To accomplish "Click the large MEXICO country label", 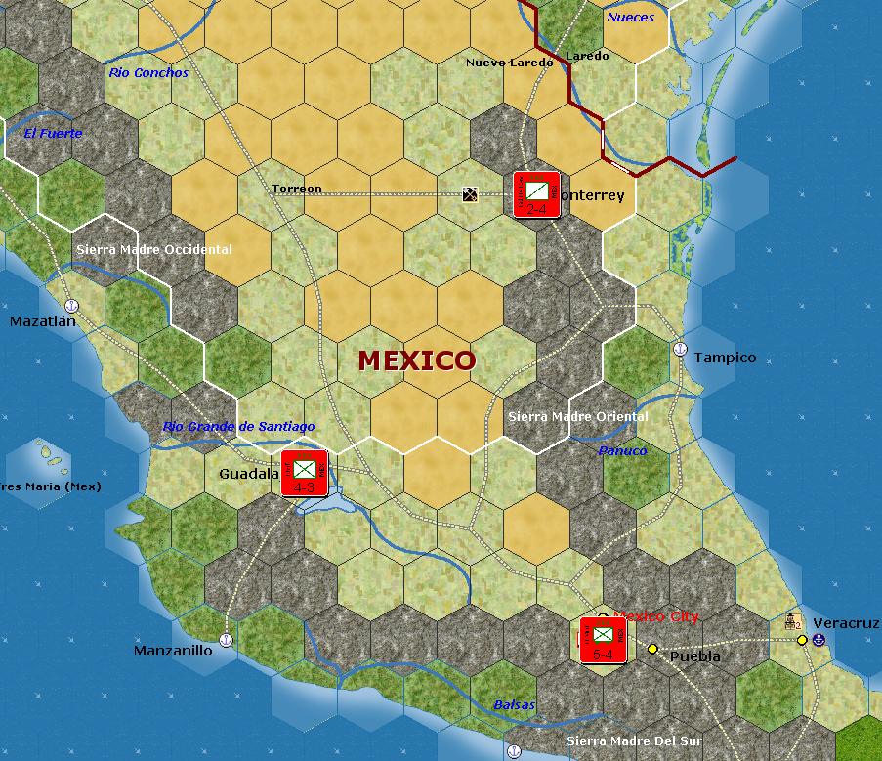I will tap(416, 360).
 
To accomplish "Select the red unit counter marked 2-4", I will tap(536, 194).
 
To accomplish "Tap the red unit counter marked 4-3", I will tap(304, 474).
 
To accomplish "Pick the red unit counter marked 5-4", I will tap(603, 640).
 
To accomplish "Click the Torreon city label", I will tap(297, 190).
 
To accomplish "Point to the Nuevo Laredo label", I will tap(509, 63).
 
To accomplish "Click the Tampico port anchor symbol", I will tap(681, 349).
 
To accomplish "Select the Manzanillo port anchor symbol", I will tap(226, 640).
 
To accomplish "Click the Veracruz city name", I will tap(839, 623).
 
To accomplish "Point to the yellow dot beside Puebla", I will tap(652, 649).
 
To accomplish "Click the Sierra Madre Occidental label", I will tap(154, 250).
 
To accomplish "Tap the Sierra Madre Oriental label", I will tap(577, 417).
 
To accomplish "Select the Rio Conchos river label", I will tap(148, 73).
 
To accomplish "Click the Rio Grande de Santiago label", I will tap(238, 427).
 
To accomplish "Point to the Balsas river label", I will tap(514, 705).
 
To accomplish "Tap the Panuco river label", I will tap(622, 451).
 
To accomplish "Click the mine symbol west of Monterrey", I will tap(470, 194).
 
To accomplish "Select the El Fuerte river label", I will tap(54, 134).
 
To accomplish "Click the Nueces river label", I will tap(630, 18).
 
